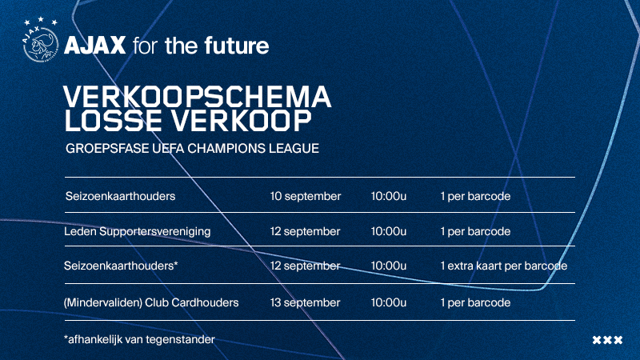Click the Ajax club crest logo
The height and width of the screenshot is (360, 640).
pos(41,44)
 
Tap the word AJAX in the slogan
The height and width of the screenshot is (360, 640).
pos(94,46)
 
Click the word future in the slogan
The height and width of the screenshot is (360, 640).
pos(237,46)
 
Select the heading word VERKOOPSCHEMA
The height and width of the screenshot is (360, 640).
pos(197,97)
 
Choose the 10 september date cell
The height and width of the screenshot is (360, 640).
pos(306,196)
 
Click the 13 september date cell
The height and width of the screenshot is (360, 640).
pos(305,302)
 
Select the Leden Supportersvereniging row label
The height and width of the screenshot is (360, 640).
pos(137,232)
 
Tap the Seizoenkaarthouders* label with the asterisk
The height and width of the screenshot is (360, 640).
pos(121,266)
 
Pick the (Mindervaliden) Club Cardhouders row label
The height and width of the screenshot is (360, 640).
pos(151,303)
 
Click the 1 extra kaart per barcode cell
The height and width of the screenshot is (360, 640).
pos(504,266)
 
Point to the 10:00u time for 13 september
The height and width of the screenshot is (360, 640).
pos(389,302)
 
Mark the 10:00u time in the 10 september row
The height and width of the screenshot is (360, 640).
pos(389,196)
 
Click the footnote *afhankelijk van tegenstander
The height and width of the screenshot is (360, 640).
pos(139,339)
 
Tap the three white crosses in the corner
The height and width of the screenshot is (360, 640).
pos(607,339)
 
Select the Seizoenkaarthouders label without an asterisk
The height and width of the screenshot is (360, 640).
pos(121,196)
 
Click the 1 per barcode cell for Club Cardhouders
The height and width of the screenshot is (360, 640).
pos(475,303)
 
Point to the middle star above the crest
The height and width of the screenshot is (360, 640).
pos(41,19)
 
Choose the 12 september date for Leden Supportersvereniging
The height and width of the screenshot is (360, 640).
pos(305,231)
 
